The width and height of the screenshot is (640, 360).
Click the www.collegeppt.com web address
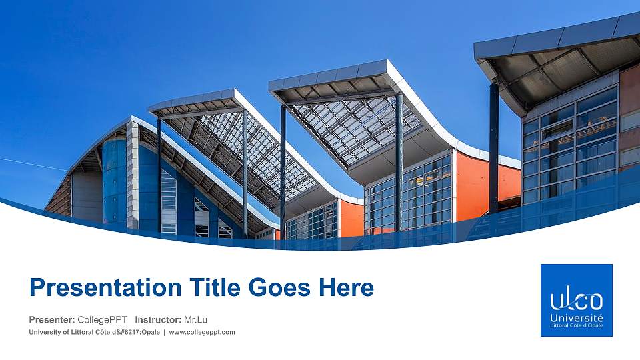pyautogui.click(x=202, y=332)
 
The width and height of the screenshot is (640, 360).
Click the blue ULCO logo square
pyautogui.click(x=576, y=300)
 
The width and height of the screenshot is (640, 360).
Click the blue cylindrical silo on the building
pyautogui.click(x=114, y=180)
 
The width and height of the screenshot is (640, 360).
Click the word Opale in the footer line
pyautogui.click(x=147, y=332)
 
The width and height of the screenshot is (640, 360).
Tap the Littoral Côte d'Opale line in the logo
pyautogui.click(x=577, y=326)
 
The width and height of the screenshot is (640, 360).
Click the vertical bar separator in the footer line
pyautogui.click(x=164, y=332)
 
